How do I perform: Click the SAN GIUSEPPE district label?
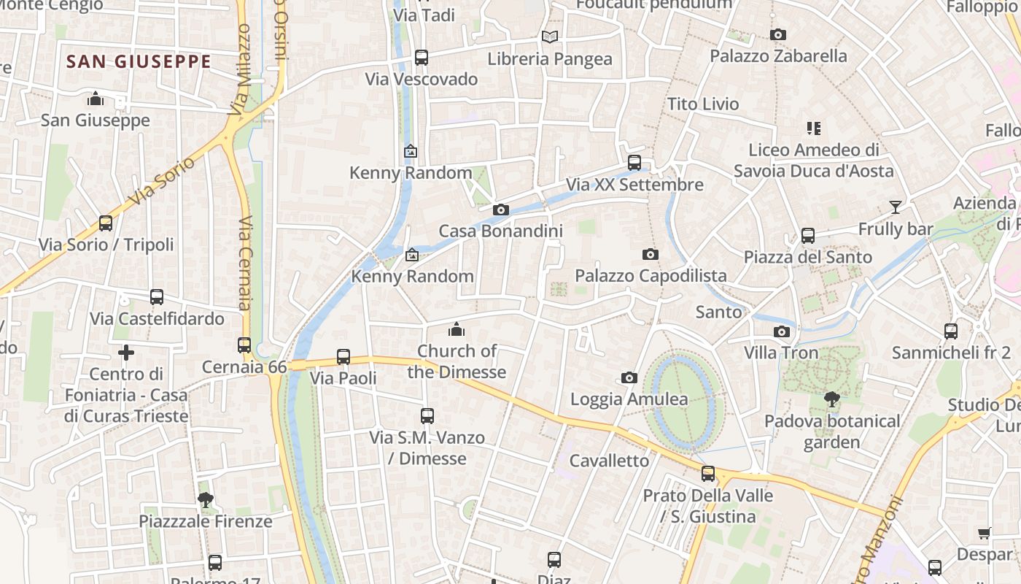pos(139,62)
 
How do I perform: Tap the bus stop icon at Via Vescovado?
pos(422,58)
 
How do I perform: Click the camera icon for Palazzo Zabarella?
pos(778,34)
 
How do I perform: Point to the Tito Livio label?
pos(703,104)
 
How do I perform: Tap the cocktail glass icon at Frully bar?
pos(895,207)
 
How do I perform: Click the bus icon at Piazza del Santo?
pos(807,236)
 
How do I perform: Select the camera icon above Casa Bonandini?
pos(500,210)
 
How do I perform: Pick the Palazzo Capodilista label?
pos(651,275)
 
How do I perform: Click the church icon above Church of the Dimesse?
pos(457,329)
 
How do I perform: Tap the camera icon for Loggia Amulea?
pos(629,377)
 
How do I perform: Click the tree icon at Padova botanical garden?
pos(831,399)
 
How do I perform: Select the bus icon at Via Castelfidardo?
pos(157,297)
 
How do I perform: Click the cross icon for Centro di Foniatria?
pos(126,353)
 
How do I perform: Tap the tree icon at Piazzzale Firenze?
pos(206,500)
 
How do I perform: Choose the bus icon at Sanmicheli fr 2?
pos(950,331)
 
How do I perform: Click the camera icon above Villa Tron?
pos(781,332)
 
